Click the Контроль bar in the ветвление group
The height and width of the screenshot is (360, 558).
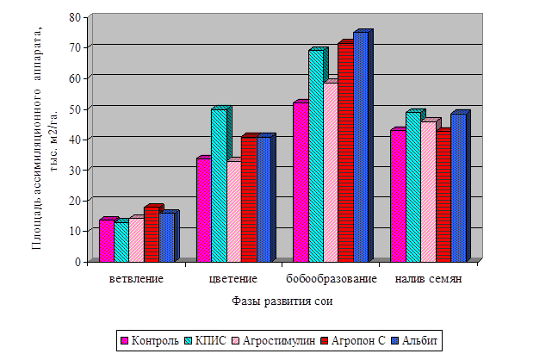pos(106,240)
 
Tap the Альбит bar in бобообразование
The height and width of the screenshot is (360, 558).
pos(360,146)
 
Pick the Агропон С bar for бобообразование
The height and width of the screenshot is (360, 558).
pos(344,152)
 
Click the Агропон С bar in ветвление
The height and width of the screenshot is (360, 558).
pos(151,234)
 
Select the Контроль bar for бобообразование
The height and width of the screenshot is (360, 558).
pos(300,182)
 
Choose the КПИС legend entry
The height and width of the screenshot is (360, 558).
pos(208,340)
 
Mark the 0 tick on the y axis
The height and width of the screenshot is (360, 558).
pos(77,261)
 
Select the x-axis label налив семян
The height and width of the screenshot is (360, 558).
pos(428,281)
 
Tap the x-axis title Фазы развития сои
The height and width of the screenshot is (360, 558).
pos(282,301)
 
